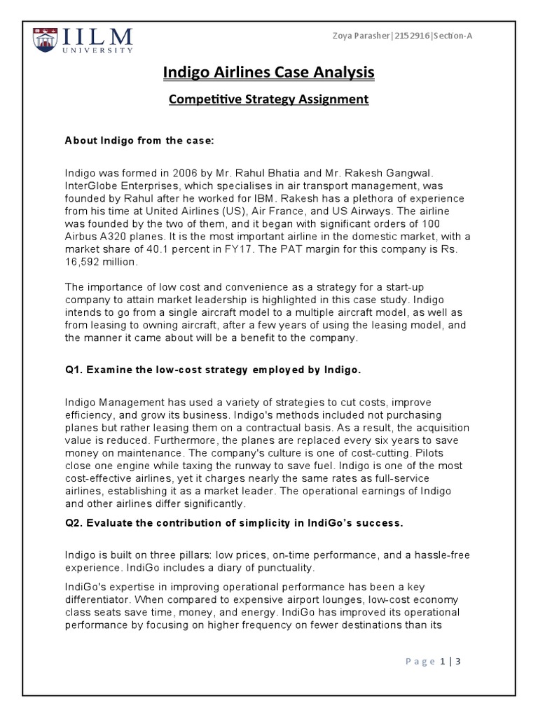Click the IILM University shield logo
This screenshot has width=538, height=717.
(x=48, y=39)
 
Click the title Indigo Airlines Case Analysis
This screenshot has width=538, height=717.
(x=268, y=72)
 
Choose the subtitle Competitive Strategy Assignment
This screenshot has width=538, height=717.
(x=268, y=99)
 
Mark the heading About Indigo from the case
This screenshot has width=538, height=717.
(x=139, y=141)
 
